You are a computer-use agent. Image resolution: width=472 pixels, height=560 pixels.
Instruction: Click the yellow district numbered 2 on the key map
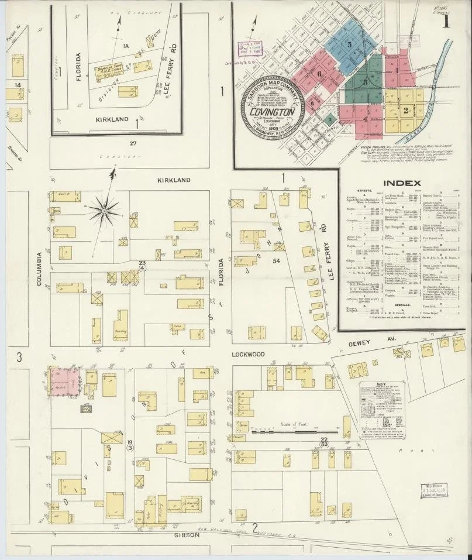pos(405,109)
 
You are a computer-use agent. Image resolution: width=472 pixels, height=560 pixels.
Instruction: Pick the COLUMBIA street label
pos(40,270)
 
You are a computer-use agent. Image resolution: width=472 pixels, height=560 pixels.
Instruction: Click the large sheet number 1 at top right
pos(446,22)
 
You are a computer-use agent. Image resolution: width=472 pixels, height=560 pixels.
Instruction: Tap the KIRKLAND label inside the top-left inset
pos(112,119)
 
